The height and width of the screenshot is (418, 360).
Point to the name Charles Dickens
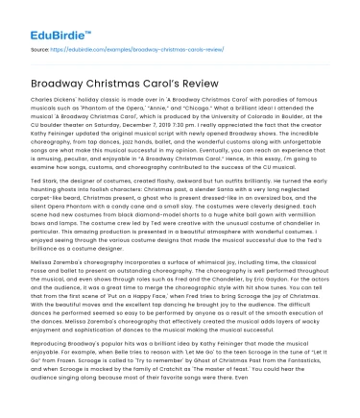(x=54, y=99)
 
